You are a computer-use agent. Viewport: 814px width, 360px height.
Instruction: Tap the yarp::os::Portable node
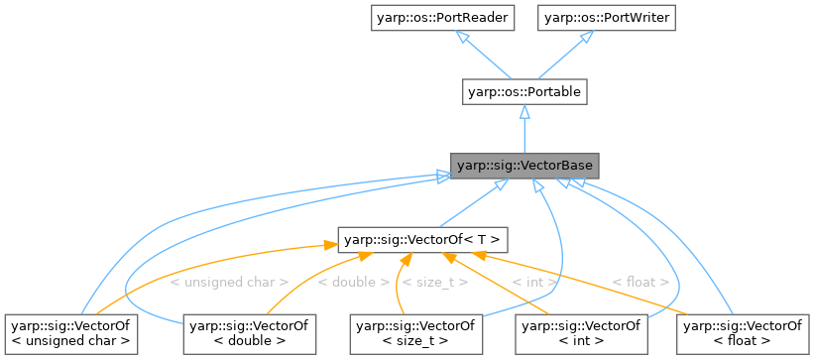point(523,92)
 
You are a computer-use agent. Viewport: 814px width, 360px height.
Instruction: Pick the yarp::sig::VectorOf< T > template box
point(423,239)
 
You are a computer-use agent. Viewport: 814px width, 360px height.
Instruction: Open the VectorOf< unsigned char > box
point(70,332)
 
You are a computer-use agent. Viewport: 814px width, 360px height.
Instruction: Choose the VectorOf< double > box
point(248,332)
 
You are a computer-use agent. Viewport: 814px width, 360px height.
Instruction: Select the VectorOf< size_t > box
point(414,332)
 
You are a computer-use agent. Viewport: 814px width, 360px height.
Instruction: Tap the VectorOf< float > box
point(742,332)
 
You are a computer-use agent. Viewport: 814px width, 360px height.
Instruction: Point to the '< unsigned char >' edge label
point(229,283)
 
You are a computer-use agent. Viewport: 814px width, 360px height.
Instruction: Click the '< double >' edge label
point(353,283)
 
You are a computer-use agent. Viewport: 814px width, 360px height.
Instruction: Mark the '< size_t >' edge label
point(435,283)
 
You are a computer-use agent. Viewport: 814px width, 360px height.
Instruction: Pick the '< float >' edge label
point(640,283)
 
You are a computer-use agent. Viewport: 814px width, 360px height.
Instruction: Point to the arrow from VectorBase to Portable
point(523,129)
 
